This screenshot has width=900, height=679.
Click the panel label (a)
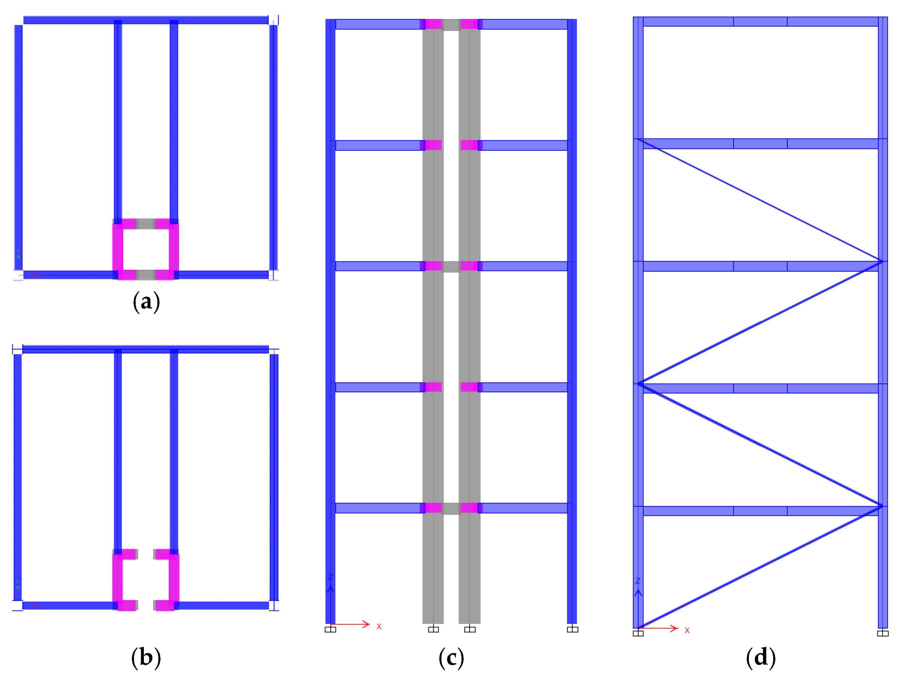pos(146,302)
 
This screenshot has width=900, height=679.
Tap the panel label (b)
pos(146,658)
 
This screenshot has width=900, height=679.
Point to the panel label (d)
pos(760,658)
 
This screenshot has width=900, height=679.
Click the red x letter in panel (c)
pos(379,627)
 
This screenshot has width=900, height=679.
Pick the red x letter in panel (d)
pos(687,630)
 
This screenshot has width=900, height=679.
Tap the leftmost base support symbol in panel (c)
pos(330,630)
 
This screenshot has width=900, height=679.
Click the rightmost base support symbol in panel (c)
pos(573,630)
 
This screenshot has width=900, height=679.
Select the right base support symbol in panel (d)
pos(883,633)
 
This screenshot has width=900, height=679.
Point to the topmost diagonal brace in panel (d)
pos(760,200)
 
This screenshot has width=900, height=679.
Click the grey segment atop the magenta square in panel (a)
pos(146,224)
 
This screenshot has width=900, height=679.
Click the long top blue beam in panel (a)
pos(146,20)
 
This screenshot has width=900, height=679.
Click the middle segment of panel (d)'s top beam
pos(760,22)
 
